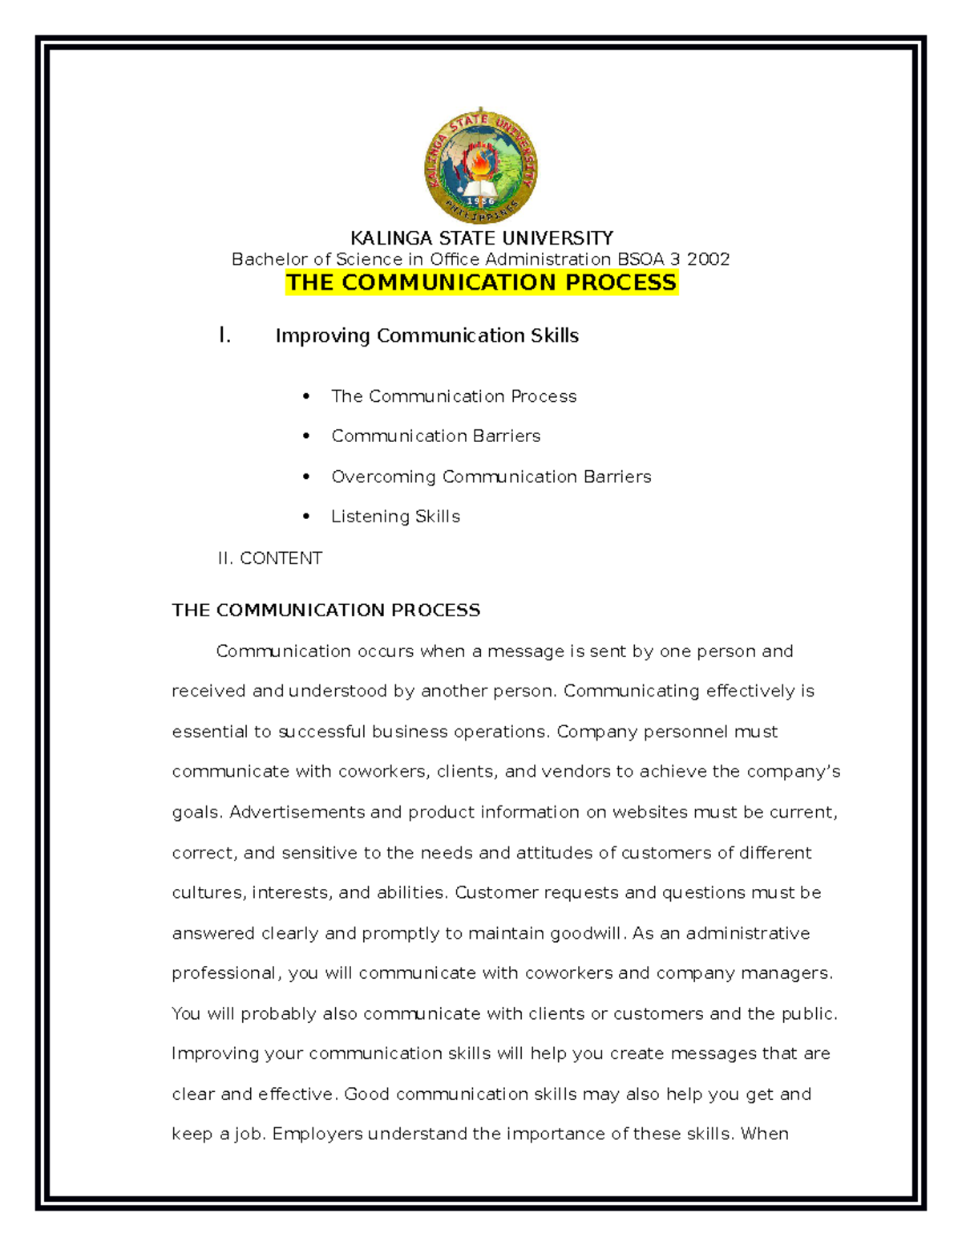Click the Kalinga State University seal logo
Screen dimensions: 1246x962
click(481, 166)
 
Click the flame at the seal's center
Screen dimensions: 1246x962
click(481, 164)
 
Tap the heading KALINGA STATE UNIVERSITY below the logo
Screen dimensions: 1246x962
click(481, 238)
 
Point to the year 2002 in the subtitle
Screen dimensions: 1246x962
click(708, 259)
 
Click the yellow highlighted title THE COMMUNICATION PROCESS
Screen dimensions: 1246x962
click(481, 282)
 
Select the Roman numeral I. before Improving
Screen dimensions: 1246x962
click(224, 335)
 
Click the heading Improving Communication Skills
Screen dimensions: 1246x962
click(426, 335)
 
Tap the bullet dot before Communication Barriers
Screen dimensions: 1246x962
click(306, 436)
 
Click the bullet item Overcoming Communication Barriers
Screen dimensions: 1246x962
click(491, 477)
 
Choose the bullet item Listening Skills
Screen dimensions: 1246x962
click(395, 517)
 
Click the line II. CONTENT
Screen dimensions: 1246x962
click(269, 558)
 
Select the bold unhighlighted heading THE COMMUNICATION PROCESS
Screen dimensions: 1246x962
click(325, 611)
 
